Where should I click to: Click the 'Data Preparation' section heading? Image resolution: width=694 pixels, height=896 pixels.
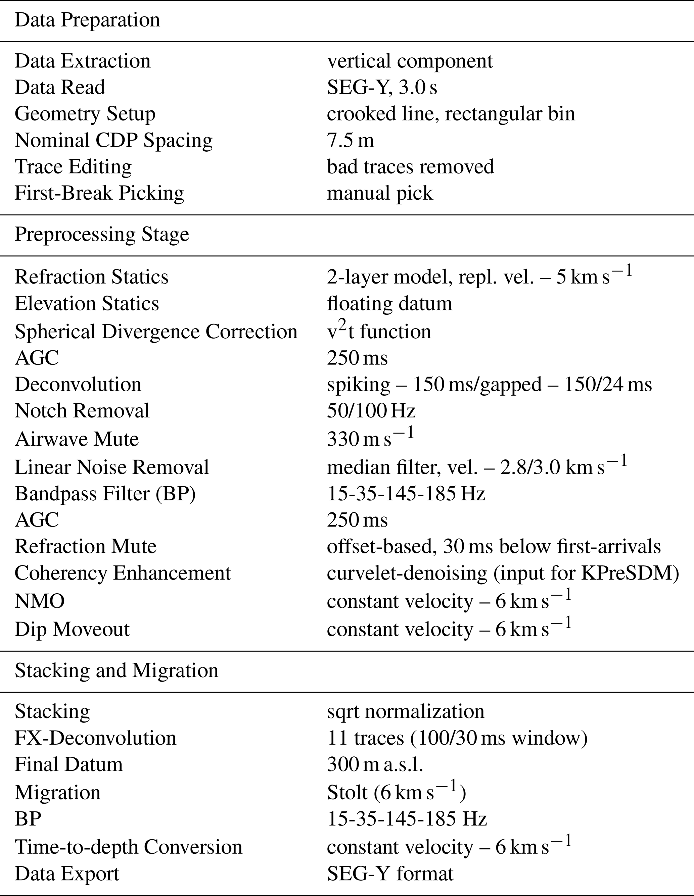pos(87,20)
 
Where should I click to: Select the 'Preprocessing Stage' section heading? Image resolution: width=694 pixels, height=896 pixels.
pos(102,234)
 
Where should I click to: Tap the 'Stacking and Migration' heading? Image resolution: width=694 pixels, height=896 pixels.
pos(117,670)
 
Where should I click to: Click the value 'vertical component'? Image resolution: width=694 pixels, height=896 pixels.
pos(410,61)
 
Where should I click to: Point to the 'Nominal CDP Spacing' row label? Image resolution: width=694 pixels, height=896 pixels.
pos(114,140)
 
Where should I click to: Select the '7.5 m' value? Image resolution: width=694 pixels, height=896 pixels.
pos(351,140)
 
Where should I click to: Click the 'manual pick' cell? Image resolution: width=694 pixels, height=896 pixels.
pos(380,193)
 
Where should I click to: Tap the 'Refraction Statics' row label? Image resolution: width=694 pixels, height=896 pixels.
pos(92,277)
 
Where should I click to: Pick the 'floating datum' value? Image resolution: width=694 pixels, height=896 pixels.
pos(389,304)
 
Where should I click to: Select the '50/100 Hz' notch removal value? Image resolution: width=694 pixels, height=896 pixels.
pos(371,411)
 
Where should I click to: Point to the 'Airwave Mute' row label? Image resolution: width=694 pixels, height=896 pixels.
pos(77,439)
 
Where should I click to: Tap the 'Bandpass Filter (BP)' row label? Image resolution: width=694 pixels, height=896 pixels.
pos(105,494)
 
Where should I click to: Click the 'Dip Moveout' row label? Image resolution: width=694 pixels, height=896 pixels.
pos(72,629)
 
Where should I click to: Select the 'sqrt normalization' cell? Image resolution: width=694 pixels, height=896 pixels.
pos(406,711)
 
